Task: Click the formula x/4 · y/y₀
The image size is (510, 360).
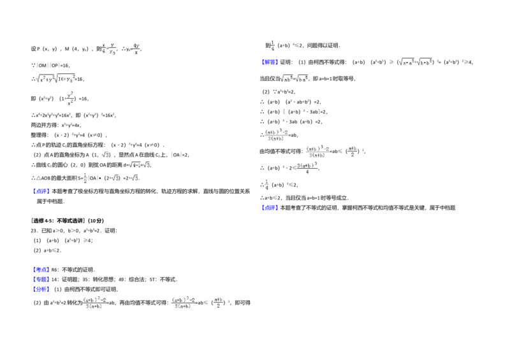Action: pos(107,48)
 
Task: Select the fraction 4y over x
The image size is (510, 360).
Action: pos(135,48)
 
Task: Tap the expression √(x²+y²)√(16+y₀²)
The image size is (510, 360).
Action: pos(56,79)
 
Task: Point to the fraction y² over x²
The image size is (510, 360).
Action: pos(71,99)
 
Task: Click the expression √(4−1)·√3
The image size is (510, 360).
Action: pos(140,164)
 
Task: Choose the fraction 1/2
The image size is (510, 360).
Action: pos(85,178)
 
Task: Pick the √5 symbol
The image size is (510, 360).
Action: pos(135,178)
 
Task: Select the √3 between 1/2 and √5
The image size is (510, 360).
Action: pos(115,178)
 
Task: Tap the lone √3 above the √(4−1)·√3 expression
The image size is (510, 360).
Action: pos(105,154)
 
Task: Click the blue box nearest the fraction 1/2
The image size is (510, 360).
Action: pos(41,191)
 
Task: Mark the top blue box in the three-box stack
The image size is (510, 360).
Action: pos(41,269)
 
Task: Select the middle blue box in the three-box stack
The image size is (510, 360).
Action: pos(41,280)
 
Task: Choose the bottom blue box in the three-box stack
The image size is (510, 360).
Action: pos(41,290)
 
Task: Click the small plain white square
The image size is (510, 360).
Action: pos(99,273)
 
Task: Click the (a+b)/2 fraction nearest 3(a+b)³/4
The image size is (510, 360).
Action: pos(354,150)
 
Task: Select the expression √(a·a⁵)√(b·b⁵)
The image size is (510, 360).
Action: pos(415,62)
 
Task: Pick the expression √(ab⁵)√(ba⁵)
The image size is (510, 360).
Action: pos(293,79)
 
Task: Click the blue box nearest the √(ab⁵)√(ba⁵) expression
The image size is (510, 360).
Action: pos(270,62)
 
